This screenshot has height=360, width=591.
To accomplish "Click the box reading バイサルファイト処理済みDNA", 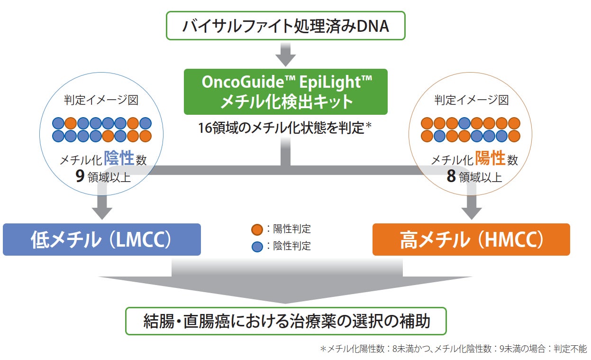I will tap(286, 26).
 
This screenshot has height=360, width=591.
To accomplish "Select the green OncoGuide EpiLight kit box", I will tap(286, 92).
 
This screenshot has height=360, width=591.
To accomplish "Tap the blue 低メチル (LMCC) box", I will tap(101, 240).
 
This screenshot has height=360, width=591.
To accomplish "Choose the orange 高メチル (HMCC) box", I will tap(471, 240).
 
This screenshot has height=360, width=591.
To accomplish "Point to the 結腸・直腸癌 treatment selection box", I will tap(286, 321).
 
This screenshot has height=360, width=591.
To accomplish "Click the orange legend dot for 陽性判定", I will tap(256, 230).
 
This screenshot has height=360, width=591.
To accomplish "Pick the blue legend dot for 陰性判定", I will tap(256, 247).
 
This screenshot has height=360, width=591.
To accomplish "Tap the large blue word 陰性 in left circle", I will tap(119, 159).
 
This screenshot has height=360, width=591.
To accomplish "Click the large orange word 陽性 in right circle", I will tap(491, 158).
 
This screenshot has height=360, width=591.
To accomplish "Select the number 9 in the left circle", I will tap(80, 176).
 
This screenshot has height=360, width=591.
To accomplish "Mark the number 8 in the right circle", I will tap(451, 176).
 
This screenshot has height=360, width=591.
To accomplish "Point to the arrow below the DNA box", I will tap(285, 55).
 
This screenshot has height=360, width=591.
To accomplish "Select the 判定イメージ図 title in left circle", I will tap(101, 100).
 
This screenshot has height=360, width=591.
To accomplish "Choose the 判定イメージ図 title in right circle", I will tap(472, 100).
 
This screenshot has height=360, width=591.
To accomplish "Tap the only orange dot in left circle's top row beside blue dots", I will tap(71, 123).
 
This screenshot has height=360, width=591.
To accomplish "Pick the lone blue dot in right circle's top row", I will tap(464, 123).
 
